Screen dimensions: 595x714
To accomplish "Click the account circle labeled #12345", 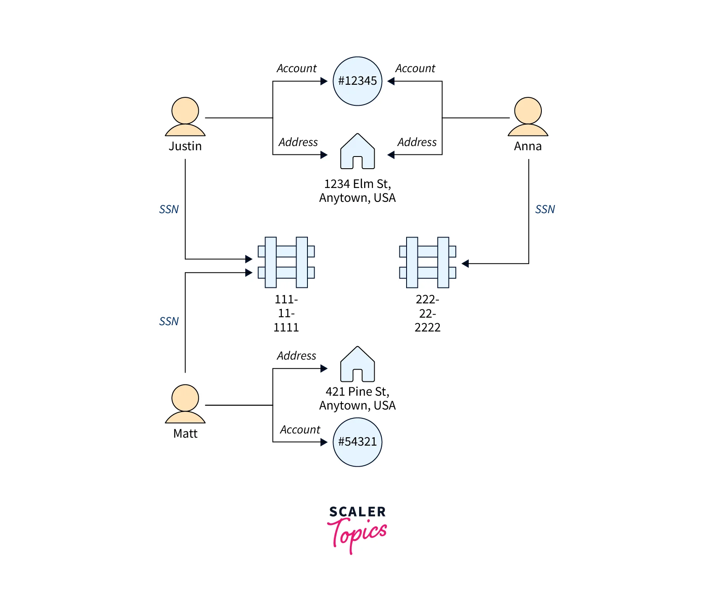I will [357, 81].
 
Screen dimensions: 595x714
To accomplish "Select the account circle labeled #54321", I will [357, 442].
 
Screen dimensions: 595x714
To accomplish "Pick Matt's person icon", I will [185, 404].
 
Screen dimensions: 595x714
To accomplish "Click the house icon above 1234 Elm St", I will [357, 152].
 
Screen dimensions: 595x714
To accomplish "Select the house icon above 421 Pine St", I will [357, 365].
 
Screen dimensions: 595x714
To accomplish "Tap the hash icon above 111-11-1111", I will [286, 262].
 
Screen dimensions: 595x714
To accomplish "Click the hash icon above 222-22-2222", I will [428, 262].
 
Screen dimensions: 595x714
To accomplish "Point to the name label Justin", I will [185, 146].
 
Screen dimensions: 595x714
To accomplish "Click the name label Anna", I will [528, 146].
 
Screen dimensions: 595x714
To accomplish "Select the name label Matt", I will [185, 433].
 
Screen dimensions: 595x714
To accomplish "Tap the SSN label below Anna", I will [545, 209].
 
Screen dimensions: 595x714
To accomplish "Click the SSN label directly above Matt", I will [169, 321].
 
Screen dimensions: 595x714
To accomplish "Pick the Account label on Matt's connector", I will [300, 430].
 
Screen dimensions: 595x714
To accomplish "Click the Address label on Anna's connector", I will [417, 142].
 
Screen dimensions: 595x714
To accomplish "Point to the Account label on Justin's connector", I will [297, 68].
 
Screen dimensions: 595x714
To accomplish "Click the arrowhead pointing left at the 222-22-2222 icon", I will [465, 264].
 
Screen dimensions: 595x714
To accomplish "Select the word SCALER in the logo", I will [357, 511].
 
